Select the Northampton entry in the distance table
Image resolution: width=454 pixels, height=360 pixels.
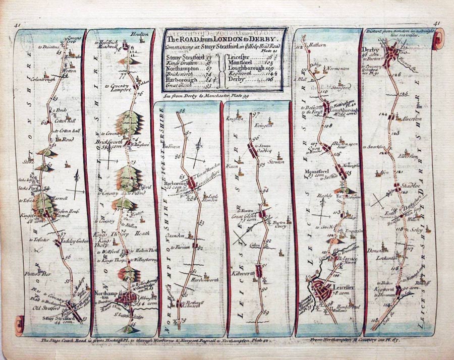click(182, 68)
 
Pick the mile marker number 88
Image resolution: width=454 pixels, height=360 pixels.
click(182, 110)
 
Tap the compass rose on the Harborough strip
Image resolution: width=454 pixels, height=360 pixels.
click(200, 150)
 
